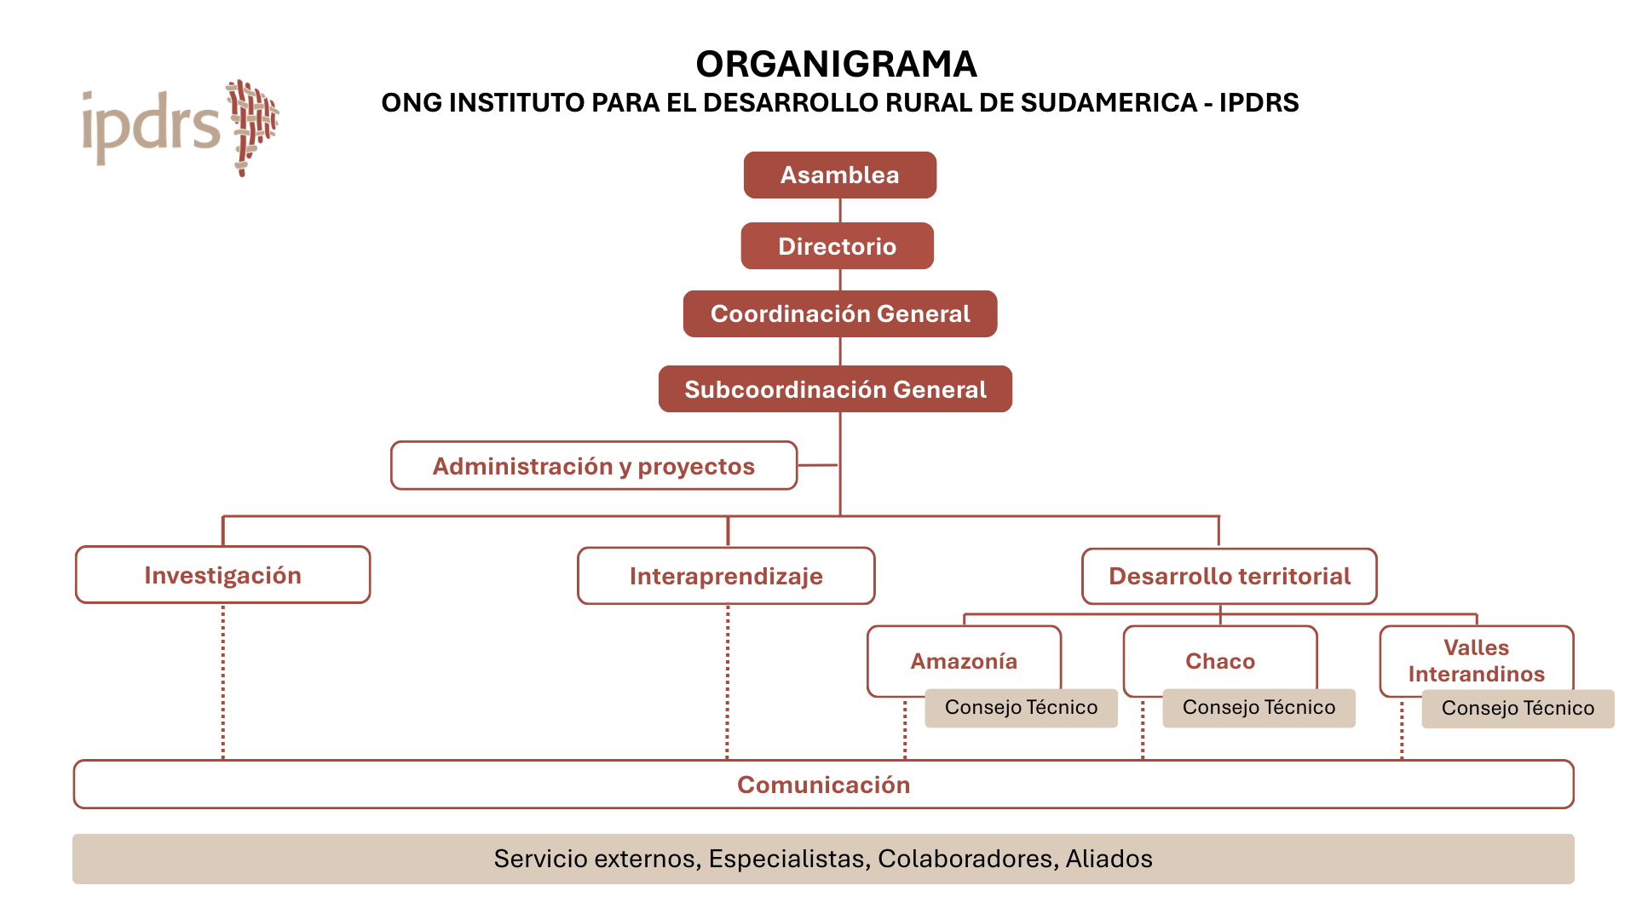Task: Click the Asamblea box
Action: (x=839, y=175)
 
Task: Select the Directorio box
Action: (x=837, y=246)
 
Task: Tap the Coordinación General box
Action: (x=839, y=313)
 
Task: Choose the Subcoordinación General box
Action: (x=835, y=389)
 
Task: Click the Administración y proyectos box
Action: (x=593, y=466)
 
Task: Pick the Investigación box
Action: (x=222, y=575)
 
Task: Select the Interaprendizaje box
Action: (x=726, y=576)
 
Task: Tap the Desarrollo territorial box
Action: (x=1229, y=576)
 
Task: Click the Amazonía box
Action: (x=964, y=660)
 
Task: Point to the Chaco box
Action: (x=1219, y=660)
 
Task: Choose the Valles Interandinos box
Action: (x=1476, y=660)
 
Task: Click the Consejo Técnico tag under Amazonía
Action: (x=1021, y=708)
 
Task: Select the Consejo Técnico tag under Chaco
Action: (x=1259, y=708)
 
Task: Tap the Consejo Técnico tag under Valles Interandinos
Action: (x=1518, y=709)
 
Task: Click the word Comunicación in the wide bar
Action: (x=823, y=785)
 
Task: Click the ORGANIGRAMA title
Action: (x=836, y=64)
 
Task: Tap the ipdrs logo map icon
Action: (x=252, y=126)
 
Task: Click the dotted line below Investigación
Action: (x=223, y=681)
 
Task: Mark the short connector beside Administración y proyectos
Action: (x=818, y=465)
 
